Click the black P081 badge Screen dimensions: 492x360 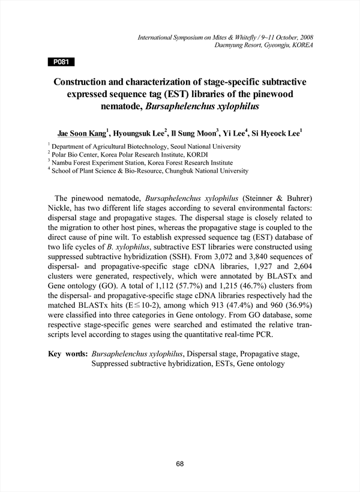click(x=61, y=61)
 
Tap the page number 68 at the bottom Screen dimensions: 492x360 click(x=180, y=463)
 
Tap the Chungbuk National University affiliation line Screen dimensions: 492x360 click(x=150, y=171)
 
